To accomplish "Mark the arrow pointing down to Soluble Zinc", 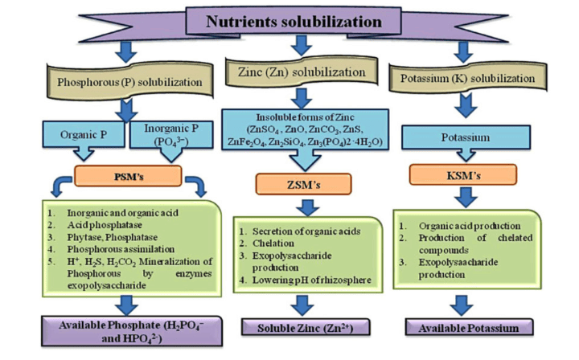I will pyautogui.click(x=300, y=305).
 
